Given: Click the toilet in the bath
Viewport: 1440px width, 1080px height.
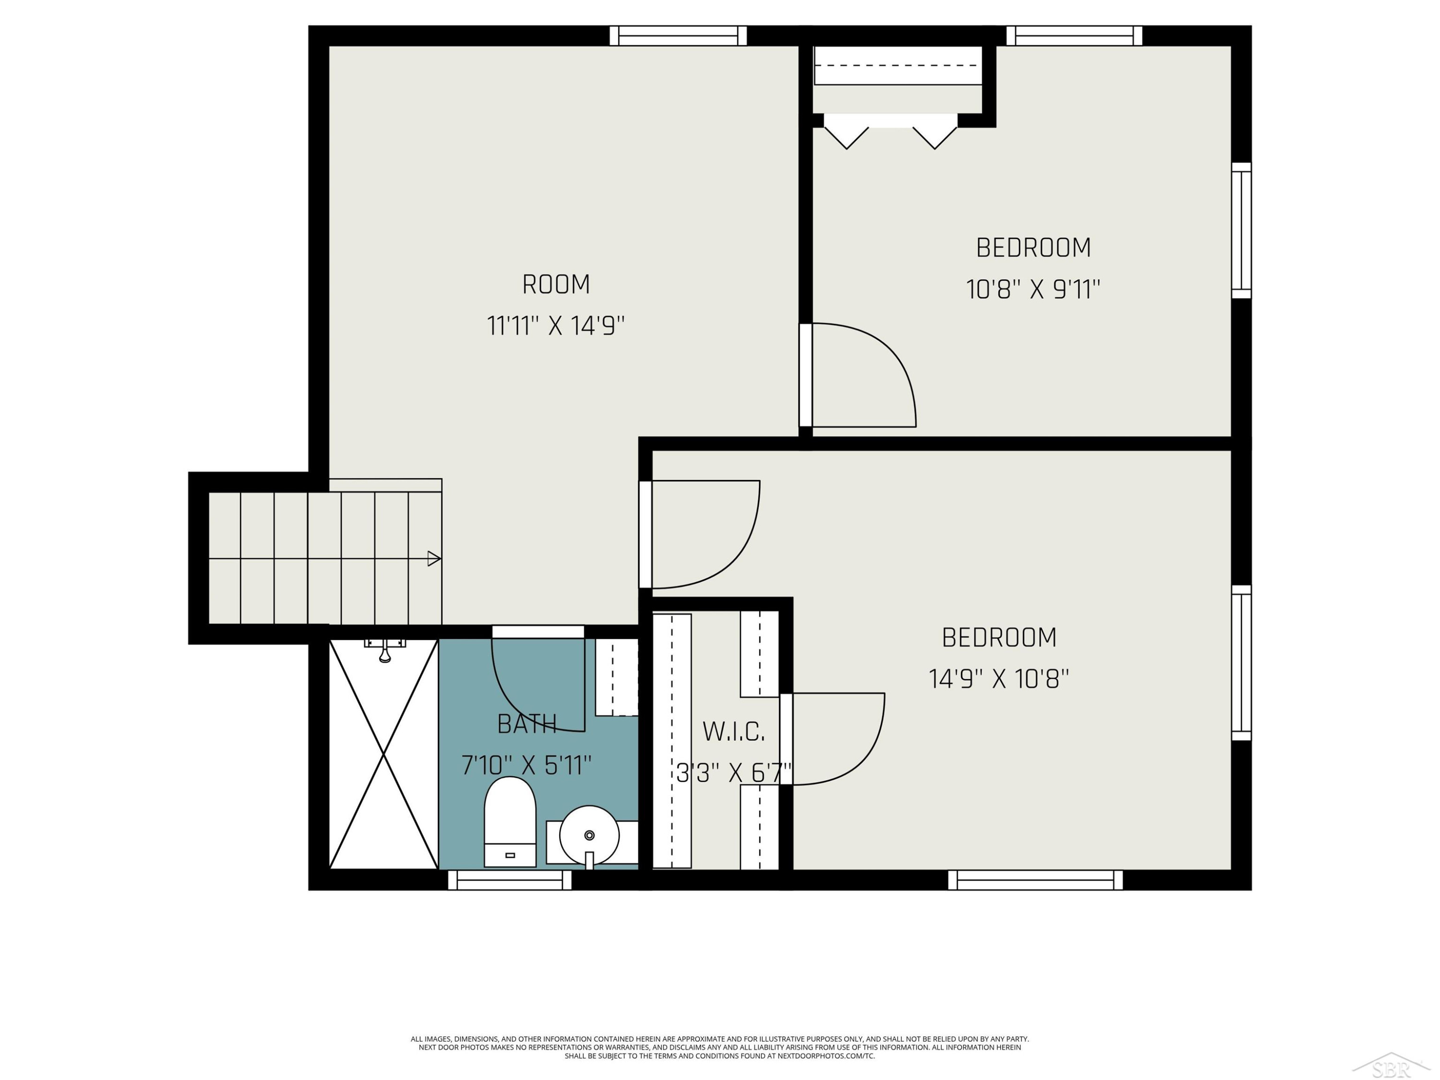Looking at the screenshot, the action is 510,822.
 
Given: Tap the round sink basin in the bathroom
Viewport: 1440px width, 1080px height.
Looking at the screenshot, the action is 589,835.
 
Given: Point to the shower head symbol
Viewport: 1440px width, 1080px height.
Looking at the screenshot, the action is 385,650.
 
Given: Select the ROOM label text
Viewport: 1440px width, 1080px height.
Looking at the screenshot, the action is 556,285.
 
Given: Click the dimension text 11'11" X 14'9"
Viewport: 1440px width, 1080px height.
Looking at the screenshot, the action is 556,325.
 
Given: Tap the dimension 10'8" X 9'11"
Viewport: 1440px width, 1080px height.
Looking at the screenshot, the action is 1033,289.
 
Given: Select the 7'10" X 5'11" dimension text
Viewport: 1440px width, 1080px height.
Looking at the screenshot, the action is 527,765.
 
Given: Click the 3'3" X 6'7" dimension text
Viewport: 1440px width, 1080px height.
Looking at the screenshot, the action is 733,773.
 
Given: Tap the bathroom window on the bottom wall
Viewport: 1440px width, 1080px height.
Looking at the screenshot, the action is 510,880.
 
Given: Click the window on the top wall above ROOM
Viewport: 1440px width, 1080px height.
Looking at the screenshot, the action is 678,36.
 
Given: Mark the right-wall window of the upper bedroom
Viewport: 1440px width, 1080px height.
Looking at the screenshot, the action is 1241,230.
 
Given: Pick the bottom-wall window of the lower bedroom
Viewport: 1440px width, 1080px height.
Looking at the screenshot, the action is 1035,880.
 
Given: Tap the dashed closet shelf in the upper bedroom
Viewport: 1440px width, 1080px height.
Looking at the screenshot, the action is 898,65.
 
